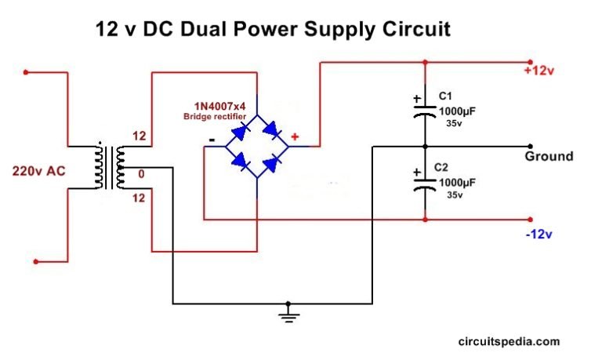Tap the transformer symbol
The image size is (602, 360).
[x=109, y=166]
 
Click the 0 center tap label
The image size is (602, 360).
[x=142, y=173]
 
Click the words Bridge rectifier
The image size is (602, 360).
[x=215, y=116]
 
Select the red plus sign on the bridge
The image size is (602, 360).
[x=295, y=136]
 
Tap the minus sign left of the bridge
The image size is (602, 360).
[x=212, y=141]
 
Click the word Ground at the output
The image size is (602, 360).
[x=549, y=156]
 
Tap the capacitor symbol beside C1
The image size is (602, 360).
[x=424, y=109]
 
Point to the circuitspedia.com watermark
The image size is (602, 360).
[x=508, y=341]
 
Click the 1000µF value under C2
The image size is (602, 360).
[x=456, y=182]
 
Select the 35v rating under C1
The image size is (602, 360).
[x=454, y=123]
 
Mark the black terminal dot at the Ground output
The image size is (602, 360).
[x=531, y=147]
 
